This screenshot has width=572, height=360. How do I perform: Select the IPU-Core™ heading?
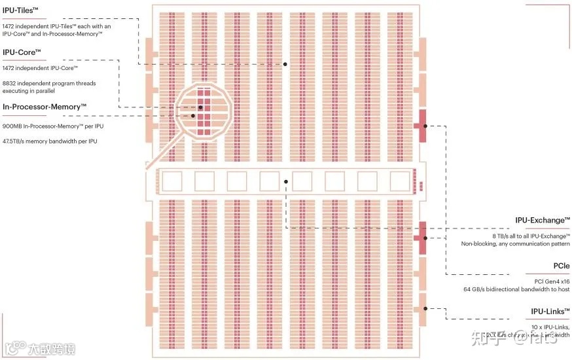(x=22, y=52)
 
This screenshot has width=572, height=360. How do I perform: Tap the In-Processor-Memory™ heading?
(x=45, y=106)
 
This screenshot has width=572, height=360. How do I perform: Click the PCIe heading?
(x=561, y=266)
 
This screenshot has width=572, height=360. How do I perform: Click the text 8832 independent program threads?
(x=49, y=84)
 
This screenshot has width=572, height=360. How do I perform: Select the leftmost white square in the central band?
(x=172, y=181)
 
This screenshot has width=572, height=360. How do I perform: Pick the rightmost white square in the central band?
(x=399, y=181)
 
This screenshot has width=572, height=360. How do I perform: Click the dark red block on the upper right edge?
(x=421, y=125)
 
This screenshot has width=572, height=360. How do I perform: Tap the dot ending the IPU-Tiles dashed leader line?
(x=285, y=64)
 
